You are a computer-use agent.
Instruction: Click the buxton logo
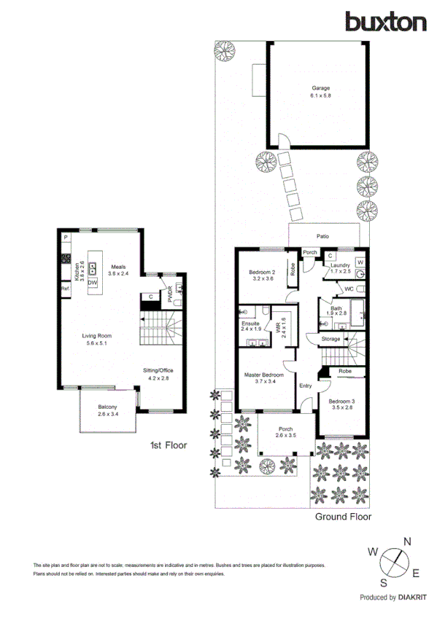point(386,22)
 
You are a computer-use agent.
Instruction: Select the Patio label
point(322,236)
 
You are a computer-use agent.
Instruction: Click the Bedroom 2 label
point(261,273)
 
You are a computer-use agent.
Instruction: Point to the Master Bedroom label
point(264,375)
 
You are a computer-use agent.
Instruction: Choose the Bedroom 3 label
point(342,402)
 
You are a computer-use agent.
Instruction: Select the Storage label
point(330,339)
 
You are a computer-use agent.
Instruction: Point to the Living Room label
point(101,336)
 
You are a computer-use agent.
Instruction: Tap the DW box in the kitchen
point(93,282)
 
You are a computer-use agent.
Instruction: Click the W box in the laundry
point(360,262)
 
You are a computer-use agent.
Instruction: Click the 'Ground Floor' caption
point(343,517)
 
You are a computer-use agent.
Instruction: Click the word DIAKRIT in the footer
point(413,598)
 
